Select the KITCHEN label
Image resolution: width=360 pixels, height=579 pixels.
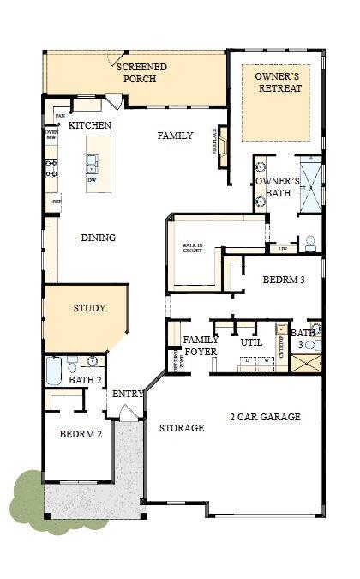[90, 125]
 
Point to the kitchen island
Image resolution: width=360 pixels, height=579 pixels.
[92, 164]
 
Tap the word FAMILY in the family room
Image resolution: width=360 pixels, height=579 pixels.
[175, 136]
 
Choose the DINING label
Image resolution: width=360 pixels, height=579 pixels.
[99, 238]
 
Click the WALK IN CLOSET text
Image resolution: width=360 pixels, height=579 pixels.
[193, 250]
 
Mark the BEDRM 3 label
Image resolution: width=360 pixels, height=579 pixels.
[283, 280]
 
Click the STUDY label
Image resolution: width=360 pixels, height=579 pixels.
[89, 308]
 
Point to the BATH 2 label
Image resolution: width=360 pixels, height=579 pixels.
[86, 380]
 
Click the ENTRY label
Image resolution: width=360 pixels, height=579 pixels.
[128, 394]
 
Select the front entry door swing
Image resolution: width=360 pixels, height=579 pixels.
[126, 413]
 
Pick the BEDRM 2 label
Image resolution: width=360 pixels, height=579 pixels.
[81, 434]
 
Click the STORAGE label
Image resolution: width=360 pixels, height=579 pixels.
[181, 428]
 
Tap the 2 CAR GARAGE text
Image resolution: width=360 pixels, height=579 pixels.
[265, 417]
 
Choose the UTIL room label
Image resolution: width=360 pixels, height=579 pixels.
[251, 342]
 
